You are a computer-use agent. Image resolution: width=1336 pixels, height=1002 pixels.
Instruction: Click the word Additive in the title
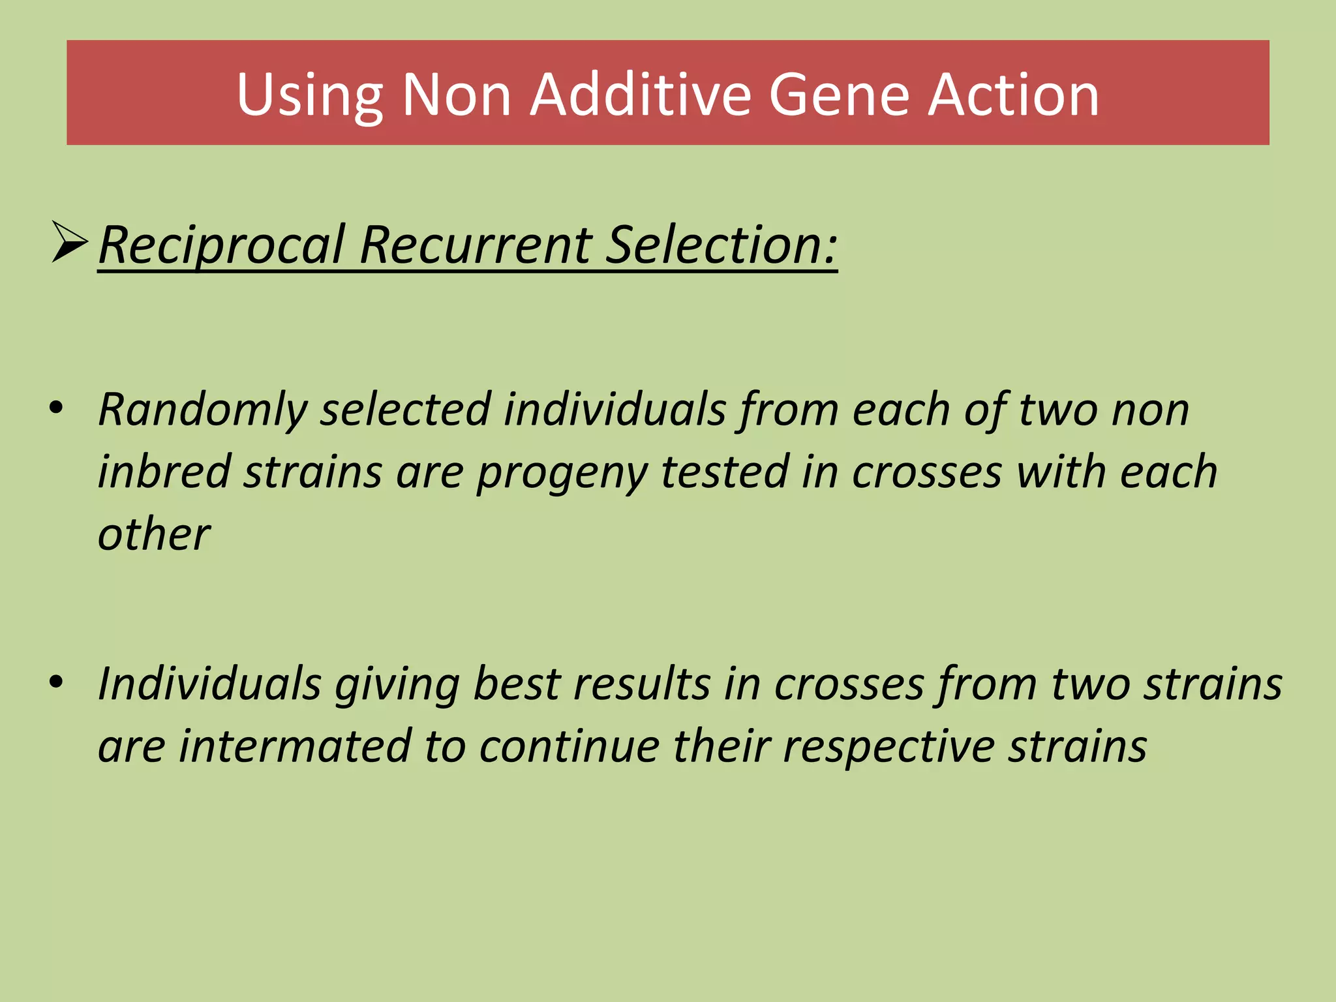[641, 95]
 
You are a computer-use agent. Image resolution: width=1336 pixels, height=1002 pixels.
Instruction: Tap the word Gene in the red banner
[839, 95]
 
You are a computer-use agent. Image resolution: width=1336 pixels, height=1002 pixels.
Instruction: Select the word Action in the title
[1014, 95]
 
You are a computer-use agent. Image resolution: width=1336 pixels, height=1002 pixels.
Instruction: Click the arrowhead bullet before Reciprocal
[69, 242]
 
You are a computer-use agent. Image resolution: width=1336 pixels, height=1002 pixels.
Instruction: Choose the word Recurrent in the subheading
[475, 245]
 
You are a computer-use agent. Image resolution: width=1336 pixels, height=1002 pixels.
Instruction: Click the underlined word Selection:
[721, 245]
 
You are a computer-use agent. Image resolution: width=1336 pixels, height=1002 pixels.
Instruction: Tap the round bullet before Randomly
[56, 408]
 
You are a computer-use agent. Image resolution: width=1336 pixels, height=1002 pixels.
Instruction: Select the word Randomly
[202, 410]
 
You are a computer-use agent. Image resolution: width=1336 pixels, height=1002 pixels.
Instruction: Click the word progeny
[561, 472]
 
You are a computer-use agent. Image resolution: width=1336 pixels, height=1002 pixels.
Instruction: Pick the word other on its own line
[154, 534]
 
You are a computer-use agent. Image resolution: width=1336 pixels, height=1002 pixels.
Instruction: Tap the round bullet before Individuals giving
[56, 682]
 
